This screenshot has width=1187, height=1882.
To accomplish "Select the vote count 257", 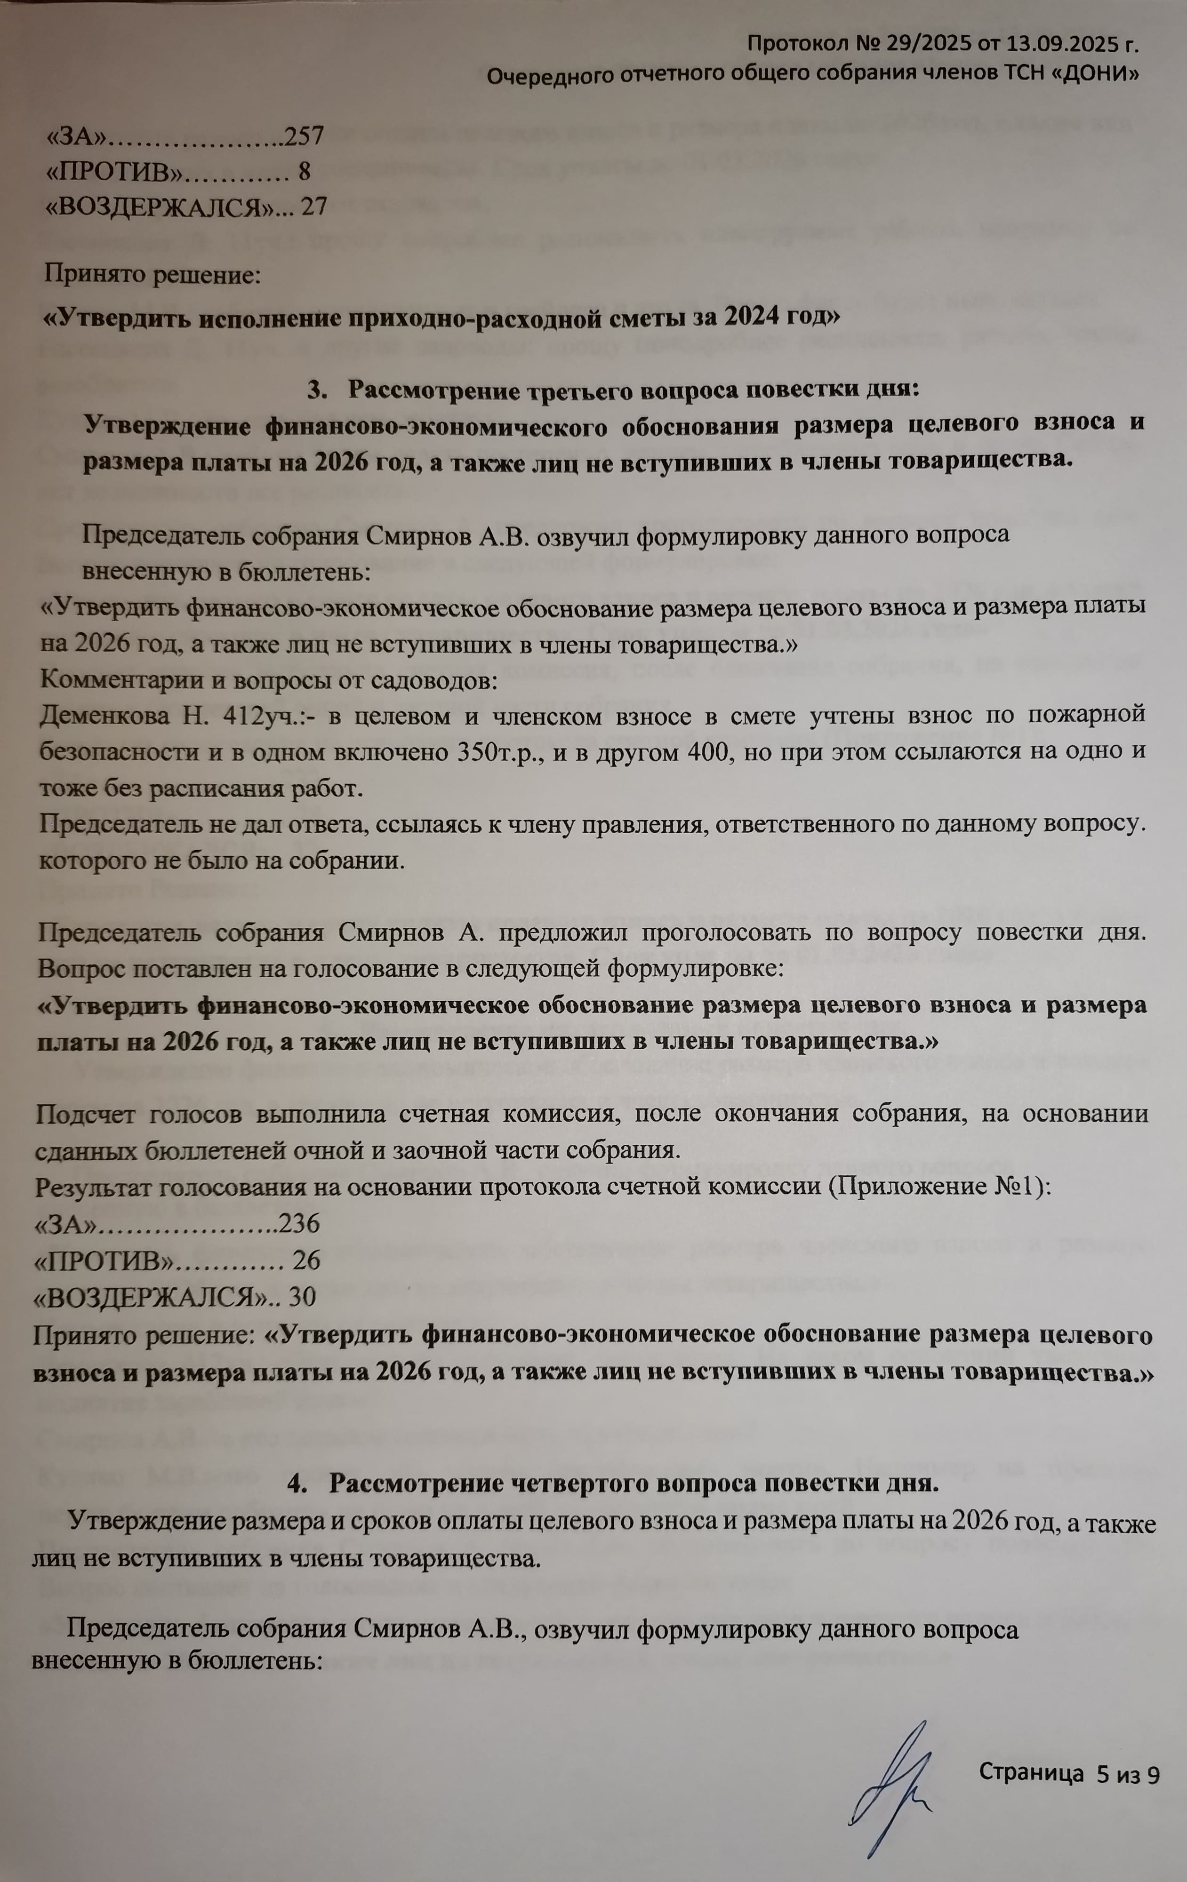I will [304, 136].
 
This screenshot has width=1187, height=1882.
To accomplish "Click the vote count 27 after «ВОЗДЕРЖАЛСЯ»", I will [313, 207].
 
